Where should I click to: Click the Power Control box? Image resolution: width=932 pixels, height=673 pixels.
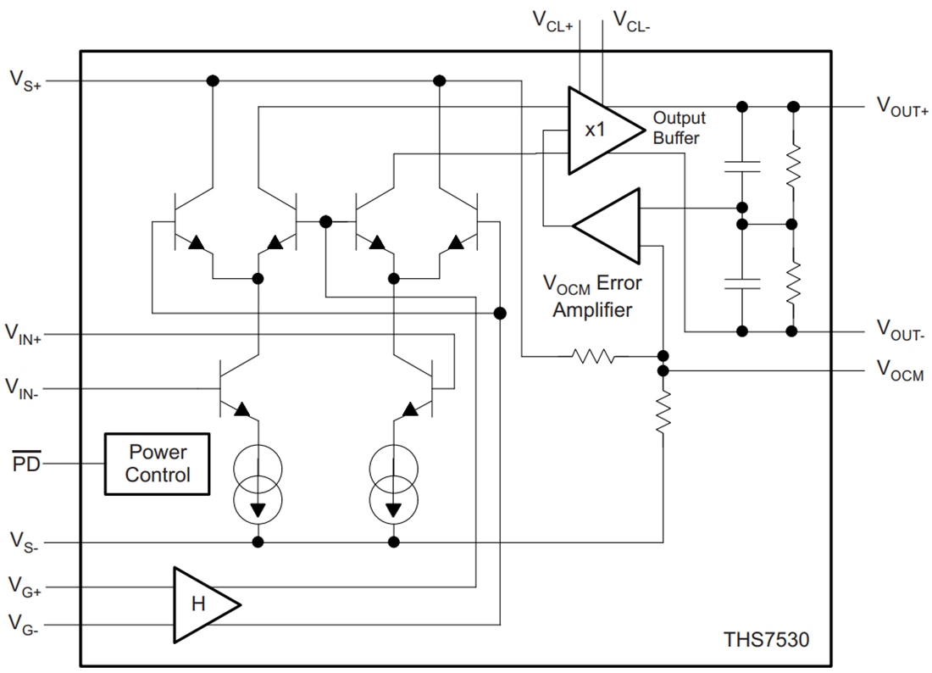pyautogui.click(x=157, y=464)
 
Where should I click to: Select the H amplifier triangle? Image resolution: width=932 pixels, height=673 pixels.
pyautogui.click(x=202, y=604)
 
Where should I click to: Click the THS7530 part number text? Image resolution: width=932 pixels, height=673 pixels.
pyautogui.click(x=766, y=639)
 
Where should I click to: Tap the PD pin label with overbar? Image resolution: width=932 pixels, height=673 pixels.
pyautogui.click(x=26, y=464)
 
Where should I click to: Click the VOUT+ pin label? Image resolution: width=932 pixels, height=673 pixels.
pyautogui.click(x=901, y=107)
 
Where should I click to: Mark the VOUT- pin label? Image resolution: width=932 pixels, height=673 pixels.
pyautogui.click(x=900, y=331)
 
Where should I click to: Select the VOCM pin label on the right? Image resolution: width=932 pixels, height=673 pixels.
pyautogui.click(x=900, y=371)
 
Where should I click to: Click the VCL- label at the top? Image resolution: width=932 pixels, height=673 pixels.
pyautogui.click(x=630, y=20)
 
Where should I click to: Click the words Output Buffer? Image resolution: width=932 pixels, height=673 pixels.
pyautogui.click(x=678, y=128)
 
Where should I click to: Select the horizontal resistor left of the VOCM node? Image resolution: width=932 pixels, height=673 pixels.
pyautogui.click(x=593, y=357)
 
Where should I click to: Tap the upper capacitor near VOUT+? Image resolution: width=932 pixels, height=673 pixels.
pyautogui.click(x=742, y=166)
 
